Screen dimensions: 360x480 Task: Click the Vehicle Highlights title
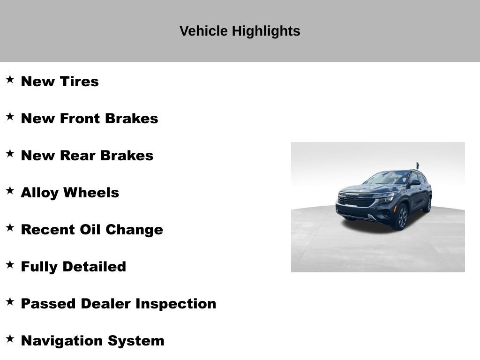tap(240, 31)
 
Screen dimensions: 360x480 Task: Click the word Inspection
tap(176, 304)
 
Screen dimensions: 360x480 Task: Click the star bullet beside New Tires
tap(10, 79)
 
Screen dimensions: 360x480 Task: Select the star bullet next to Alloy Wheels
tap(10, 190)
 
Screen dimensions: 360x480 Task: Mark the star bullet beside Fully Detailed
tap(10, 264)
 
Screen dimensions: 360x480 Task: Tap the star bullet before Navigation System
tap(10, 338)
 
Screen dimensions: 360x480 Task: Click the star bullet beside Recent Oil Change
tap(10, 227)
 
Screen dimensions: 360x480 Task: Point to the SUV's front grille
tap(356, 201)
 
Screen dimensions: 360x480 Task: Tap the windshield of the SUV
tap(388, 178)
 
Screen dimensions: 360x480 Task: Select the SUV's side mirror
tap(415, 183)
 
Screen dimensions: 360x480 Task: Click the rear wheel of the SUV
tap(427, 204)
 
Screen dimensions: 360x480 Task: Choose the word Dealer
tap(106, 304)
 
